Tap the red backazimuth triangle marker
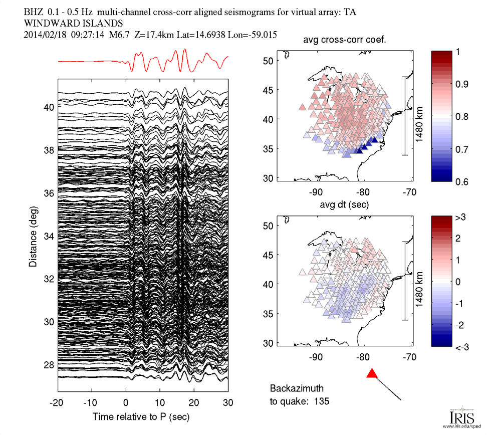pos(372,373)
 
